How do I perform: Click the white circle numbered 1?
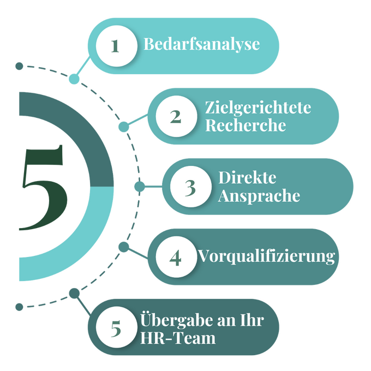[116, 45]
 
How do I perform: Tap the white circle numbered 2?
[175, 116]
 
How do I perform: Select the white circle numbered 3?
[190, 187]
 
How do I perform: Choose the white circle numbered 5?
[116, 328]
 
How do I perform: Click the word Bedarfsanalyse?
[201, 44]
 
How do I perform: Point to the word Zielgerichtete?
[258, 107]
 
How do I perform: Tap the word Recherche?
[246, 125]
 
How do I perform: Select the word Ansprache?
[259, 196]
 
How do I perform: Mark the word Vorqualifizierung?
[266, 256]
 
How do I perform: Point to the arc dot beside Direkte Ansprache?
[139, 187]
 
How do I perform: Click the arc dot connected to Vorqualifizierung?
[124, 248]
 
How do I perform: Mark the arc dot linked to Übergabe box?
[74, 294]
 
